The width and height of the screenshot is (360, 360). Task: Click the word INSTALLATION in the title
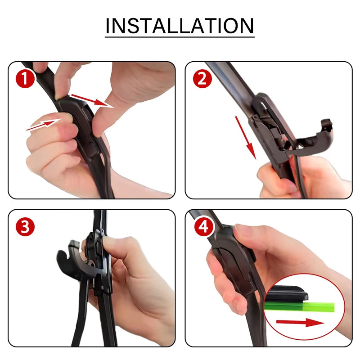[180, 26]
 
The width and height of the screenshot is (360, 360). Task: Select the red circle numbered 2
[202, 79]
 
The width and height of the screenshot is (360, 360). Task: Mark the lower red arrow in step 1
[44, 125]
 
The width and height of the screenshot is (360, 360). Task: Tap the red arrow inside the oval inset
[300, 322]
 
